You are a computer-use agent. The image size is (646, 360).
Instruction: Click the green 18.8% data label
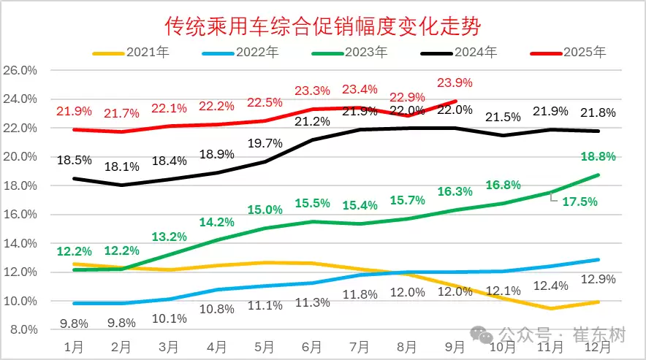598,157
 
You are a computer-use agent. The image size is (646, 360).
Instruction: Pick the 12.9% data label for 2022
598,279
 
